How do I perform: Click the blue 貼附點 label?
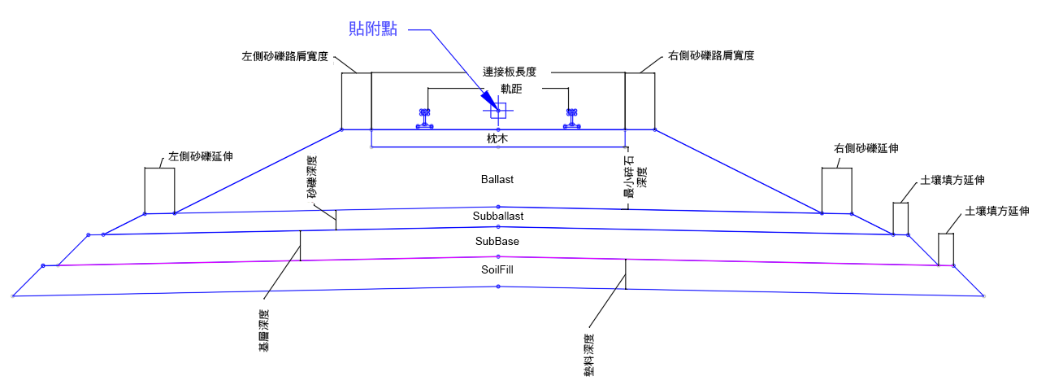pos(373,29)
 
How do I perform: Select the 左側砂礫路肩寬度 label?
pos(285,56)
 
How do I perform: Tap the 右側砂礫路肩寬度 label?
pos(711,55)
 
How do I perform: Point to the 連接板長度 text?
pos(510,72)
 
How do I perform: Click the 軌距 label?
pos(511,89)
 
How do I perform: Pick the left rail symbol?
pos(425,119)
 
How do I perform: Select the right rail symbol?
pos(571,119)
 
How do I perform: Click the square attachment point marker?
pos(498,111)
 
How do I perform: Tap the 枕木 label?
pos(497,138)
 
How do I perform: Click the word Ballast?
pos(497,179)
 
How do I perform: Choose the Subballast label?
pos(498,216)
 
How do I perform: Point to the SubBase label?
pos(497,241)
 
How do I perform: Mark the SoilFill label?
pos(497,270)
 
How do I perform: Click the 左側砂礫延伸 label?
pos(201,156)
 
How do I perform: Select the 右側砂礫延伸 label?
pos(866,148)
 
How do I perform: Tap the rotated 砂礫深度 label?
pos(312,177)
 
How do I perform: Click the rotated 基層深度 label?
pos(264,330)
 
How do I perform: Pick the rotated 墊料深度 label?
pos(589,356)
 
